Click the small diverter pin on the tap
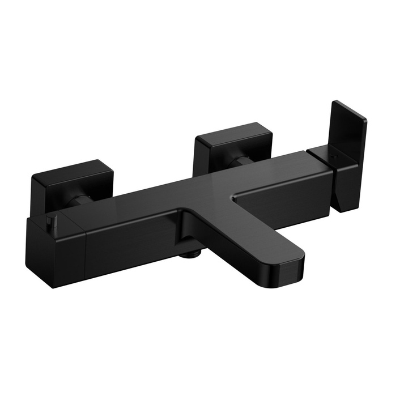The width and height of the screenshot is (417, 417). point(52,219)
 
